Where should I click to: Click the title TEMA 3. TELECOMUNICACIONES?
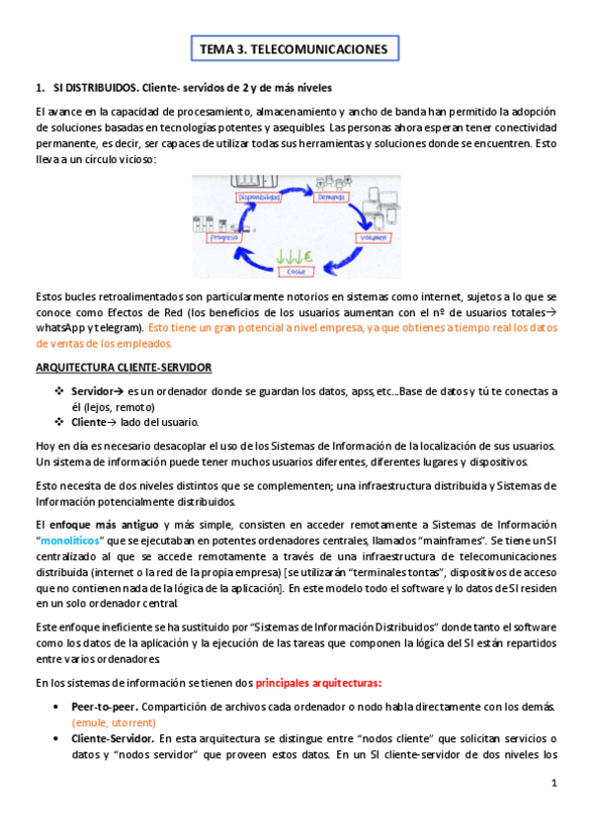click(296, 48)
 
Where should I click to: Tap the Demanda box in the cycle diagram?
click(333, 198)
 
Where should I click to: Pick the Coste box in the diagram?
click(295, 271)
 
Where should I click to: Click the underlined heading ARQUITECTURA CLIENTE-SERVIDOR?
click(123, 368)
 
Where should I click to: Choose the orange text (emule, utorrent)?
click(114, 722)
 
